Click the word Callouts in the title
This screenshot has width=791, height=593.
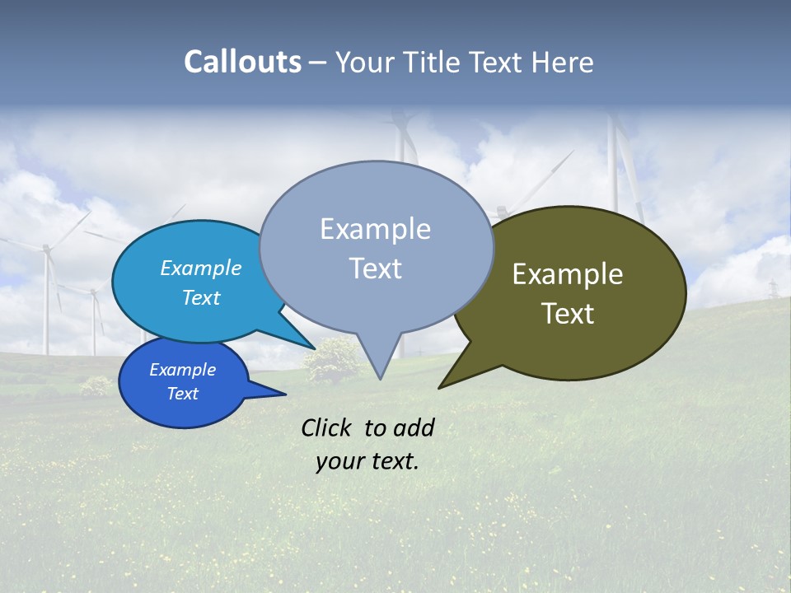(x=242, y=62)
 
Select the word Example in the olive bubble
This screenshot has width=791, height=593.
(x=568, y=273)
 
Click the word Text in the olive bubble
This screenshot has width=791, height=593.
(x=568, y=314)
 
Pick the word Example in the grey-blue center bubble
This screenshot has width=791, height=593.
(x=375, y=229)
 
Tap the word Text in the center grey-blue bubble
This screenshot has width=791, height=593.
(x=375, y=268)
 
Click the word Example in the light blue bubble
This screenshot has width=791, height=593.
(x=200, y=268)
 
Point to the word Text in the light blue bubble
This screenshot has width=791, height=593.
(x=200, y=297)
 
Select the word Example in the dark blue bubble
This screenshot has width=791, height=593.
(x=182, y=370)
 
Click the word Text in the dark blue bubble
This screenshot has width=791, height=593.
(x=182, y=394)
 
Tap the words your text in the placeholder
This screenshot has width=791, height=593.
(x=367, y=461)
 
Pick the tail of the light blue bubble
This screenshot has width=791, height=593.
(x=305, y=342)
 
